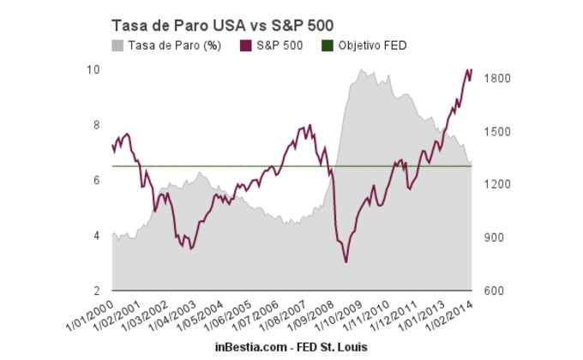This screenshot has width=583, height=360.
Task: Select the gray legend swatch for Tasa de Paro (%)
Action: [117, 45]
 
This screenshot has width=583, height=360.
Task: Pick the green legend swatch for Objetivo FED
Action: [327, 45]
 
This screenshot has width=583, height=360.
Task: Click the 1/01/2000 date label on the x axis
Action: [93, 316]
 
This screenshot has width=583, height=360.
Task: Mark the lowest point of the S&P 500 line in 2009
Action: [346, 261]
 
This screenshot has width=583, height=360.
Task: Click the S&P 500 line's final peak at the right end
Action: [472, 69]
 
